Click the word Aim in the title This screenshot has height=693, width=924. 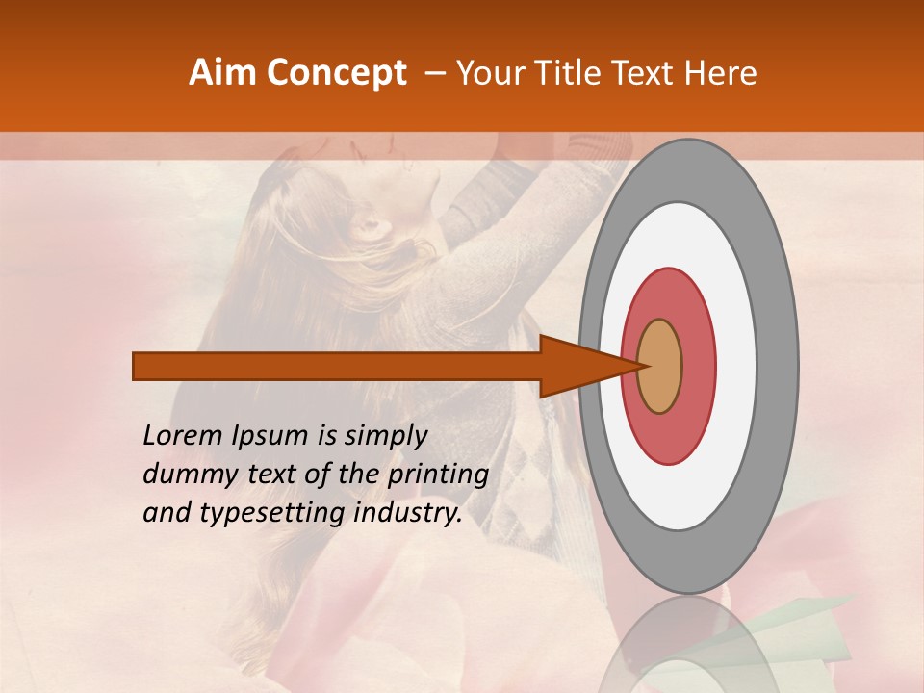(x=222, y=73)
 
